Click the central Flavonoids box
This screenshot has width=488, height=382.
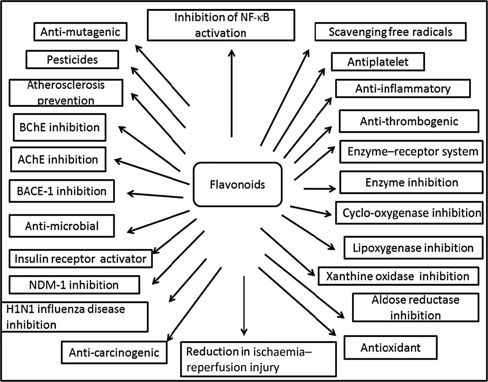[x=237, y=184]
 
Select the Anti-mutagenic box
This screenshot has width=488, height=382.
[x=81, y=32]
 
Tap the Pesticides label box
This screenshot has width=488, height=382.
[x=72, y=60]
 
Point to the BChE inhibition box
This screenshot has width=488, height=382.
[x=60, y=127]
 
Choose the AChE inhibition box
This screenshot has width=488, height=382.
[x=58, y=160]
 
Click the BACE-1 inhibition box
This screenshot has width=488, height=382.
[x=62, y=191]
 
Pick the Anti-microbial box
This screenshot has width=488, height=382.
[x=62, y=226]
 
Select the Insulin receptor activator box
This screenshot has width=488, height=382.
[x=81, y=259]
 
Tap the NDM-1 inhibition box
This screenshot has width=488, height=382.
[x=74, y=285]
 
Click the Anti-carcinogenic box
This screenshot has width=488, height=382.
[x=114, y=352]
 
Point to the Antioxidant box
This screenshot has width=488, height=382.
[x=390, y=347]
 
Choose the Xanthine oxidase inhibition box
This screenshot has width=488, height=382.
[x=398, y=276]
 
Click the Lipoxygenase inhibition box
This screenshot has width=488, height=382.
[x=413, y=248]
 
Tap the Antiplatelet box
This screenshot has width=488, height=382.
[x=378, y=62]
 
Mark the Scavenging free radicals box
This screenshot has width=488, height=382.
[x=390, y=32]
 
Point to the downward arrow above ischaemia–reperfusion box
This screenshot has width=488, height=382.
[x=244, y=305]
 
